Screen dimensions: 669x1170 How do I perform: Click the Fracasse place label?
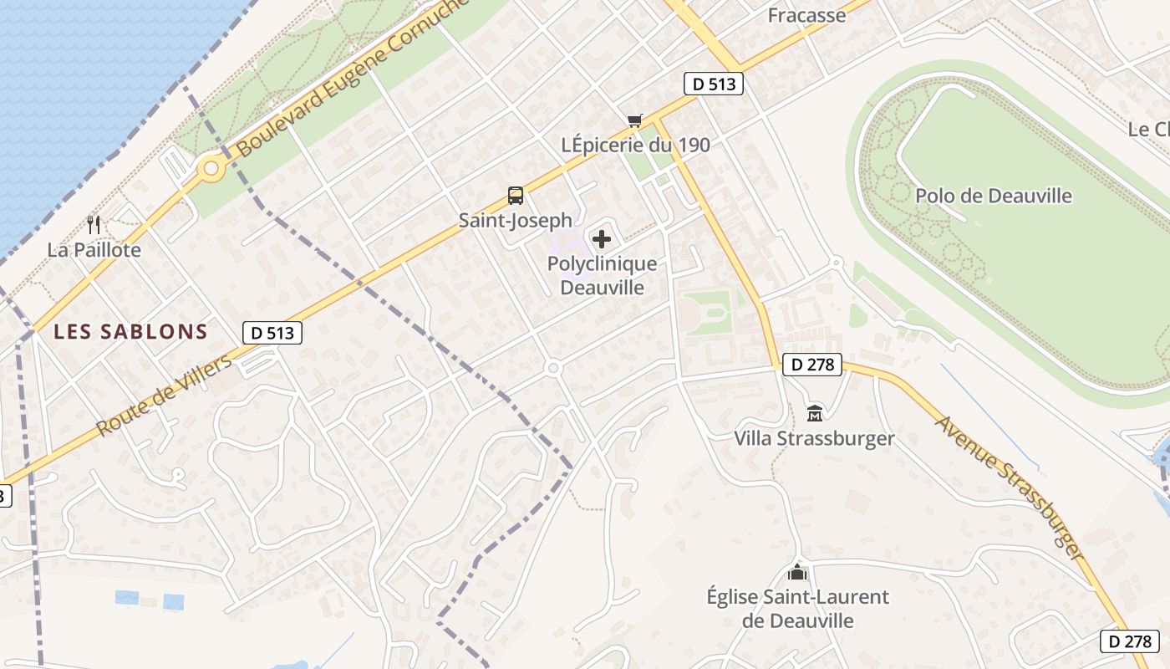806,15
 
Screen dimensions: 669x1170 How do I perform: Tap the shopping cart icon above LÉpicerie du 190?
635,121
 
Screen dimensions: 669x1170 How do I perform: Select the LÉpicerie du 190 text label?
636,145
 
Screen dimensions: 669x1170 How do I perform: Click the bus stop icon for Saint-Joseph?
516,196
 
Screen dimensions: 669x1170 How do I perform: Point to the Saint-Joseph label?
516,220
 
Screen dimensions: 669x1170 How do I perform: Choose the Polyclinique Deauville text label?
602,275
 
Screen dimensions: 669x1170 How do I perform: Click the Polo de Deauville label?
994,196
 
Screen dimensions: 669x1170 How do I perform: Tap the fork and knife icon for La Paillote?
94,224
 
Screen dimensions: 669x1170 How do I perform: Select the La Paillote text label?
94,249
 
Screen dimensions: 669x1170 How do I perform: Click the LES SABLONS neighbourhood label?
130,332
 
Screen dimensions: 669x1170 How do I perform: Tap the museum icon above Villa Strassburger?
815,413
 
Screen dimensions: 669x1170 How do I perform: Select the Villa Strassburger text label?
814,438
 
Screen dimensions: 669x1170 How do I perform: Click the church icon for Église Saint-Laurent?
798,573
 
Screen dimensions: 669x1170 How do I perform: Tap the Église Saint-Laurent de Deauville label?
798,609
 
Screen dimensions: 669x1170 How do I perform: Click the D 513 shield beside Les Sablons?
272,332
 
